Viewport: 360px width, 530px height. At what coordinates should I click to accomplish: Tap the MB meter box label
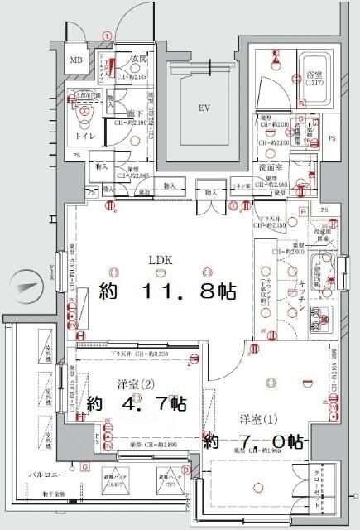click(x=75, y=60)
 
